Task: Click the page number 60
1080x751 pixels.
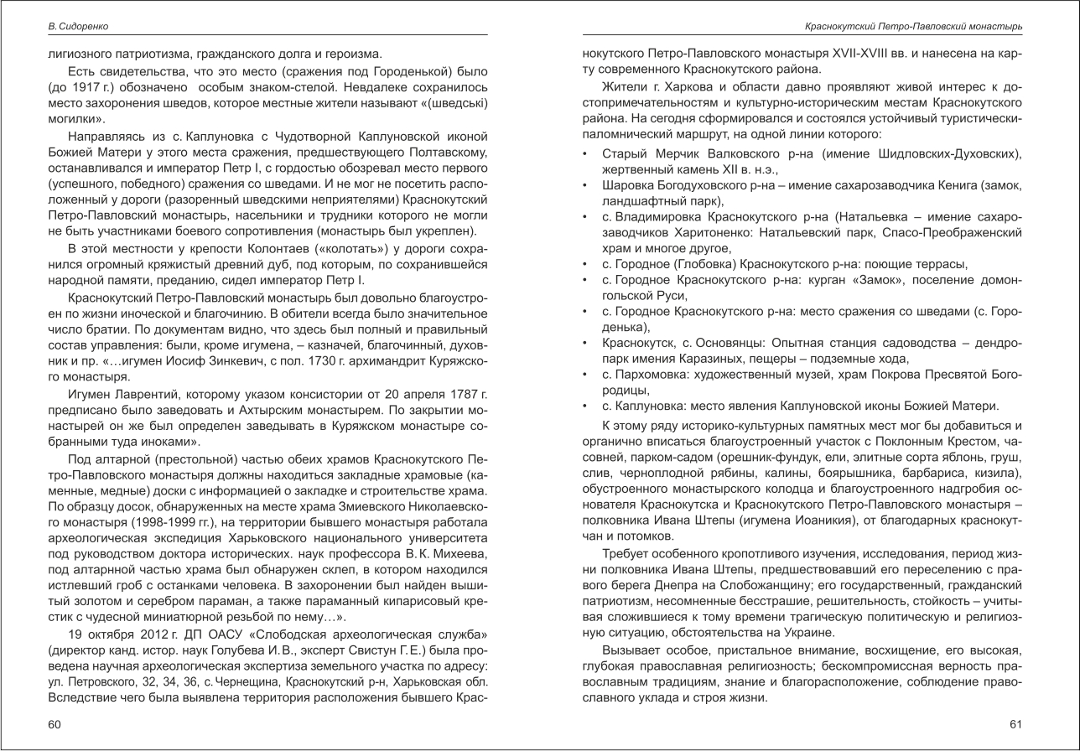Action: click(x=55, y=723)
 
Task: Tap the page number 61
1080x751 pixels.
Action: click(x=1016, y=723)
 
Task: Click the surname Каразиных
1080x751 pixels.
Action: click(x=680, y=359)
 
